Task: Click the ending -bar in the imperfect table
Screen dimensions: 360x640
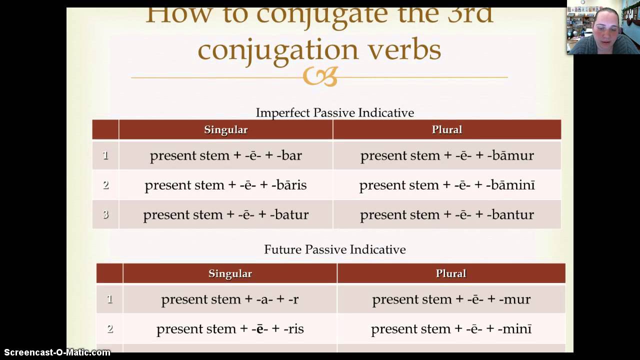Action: [x=289, y=155]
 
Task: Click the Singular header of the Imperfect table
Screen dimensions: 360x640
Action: [x=225, y=130]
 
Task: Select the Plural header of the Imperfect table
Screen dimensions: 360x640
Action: [x=446, y=130]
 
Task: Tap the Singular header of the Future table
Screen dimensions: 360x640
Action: [x=230, y=273]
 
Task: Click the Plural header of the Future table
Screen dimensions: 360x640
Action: [x=450, y=273]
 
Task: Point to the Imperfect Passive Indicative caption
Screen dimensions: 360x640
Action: [x=334, y=112]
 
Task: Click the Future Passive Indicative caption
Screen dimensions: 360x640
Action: [x=334, y=249]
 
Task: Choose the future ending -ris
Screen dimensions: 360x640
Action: [x=293, y=329]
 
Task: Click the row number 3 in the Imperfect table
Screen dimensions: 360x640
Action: [x=105, y=214]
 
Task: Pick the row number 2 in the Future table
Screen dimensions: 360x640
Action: [x=110, y=328]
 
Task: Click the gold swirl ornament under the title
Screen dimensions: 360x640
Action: [x=320, y=77]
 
